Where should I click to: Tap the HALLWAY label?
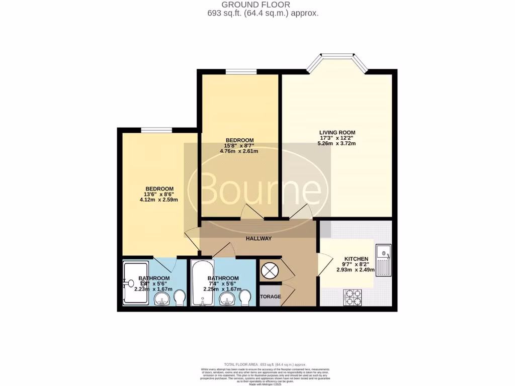(x=259, y=239)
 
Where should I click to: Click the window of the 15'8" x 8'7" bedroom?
(x=240, y=72)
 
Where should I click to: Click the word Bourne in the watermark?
(x=260, y=190)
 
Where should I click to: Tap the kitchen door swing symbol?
(x=324, y=265)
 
